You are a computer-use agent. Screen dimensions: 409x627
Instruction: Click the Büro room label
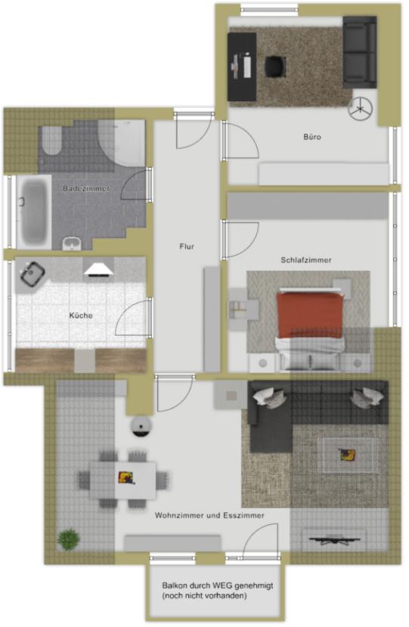[311, 137]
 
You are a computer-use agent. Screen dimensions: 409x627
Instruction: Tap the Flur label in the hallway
[187, 246]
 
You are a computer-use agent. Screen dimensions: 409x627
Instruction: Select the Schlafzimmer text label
[305, 260]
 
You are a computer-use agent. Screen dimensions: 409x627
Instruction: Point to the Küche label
[81, 316]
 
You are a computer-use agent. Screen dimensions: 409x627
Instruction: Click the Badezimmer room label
[85, 188]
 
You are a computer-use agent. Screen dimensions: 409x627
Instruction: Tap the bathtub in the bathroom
[33, 212]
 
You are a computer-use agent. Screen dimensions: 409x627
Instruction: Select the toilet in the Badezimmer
[52, 140]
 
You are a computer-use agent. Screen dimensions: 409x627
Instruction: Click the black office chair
[275, 65]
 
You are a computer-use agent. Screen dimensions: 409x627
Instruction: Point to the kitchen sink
[32, 274]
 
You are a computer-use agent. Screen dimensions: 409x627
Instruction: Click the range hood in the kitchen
[98, 270]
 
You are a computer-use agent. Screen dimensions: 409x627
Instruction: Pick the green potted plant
[69, 539]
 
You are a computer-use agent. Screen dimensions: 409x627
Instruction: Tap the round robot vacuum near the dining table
[141, 426]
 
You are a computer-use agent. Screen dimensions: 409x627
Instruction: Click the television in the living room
[335, 540]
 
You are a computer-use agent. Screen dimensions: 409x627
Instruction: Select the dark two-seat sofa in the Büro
[360, 52]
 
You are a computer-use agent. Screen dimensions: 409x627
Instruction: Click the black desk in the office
[242, 66]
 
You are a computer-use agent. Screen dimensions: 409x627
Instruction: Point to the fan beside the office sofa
[360, 108]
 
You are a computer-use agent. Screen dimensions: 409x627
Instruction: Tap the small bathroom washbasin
[72, 243]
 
